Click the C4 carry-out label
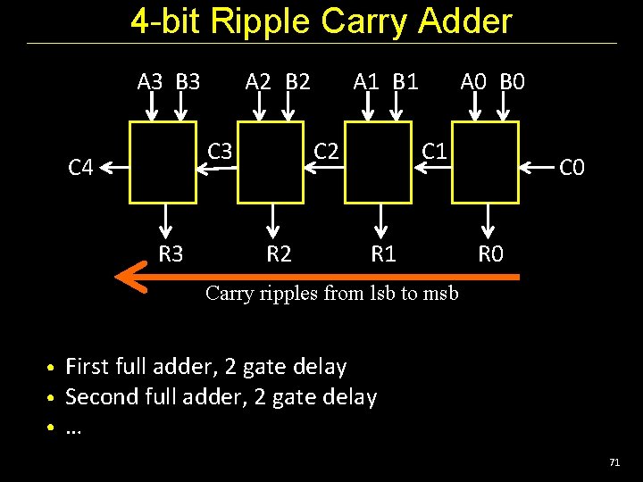click(81, 167)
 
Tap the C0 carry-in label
click(572, 167)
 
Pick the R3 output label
click(171, 254)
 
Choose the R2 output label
click(279, 254)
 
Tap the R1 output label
click(384, 254)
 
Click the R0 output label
click(491, 254)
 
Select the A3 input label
click(151, 83)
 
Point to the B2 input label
click(298, 83)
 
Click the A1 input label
click(366, 83)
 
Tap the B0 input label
click(513, 83)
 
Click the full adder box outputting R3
click(164, 163)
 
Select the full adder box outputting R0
click(485, 163)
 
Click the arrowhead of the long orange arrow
click(129, 277)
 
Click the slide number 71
click(614, 462)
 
